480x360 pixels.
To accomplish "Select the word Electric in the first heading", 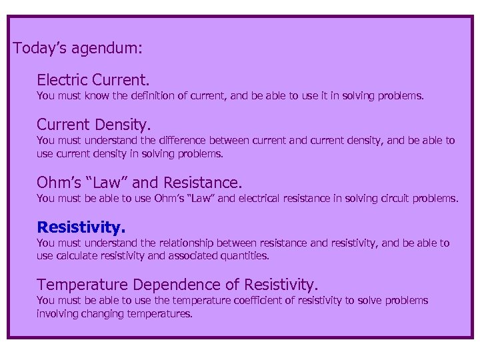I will (x=65, y=81).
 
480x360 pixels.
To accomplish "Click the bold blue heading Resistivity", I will (x=81, y=227).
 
